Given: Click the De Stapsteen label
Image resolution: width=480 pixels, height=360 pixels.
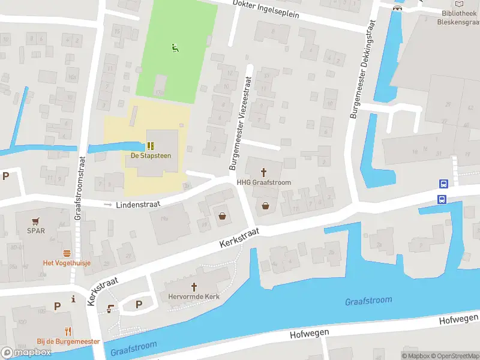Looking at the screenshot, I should tap(151, 155).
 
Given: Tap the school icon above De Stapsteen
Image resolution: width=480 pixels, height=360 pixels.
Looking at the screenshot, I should tap(151, 145).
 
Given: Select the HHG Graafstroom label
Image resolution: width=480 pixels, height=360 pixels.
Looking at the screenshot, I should tap(263, 182).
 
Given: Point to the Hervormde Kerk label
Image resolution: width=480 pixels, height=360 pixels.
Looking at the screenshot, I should tap(194, 296).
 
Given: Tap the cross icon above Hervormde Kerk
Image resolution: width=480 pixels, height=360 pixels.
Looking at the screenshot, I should tap(194, 286).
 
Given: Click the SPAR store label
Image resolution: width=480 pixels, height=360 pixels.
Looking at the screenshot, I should tap(36, 230).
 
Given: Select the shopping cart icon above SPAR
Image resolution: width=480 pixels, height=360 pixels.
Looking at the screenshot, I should tap(36, 220).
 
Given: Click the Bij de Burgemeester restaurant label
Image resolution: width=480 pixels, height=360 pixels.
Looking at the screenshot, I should tap(68, 341).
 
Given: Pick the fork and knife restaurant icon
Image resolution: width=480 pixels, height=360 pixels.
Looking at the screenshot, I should tap(68, 331).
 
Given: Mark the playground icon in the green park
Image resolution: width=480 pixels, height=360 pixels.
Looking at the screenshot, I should tap(175, 47).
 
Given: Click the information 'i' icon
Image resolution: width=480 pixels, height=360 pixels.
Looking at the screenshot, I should tap(73, 298).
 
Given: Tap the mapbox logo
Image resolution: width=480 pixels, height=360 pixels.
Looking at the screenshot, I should tap(26, 352).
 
